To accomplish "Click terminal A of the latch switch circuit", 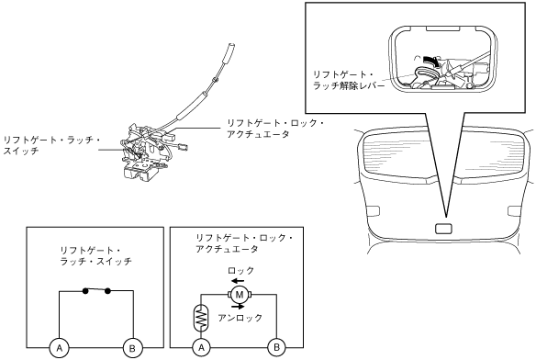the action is coord(60,348).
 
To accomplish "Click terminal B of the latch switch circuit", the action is coord(133,348).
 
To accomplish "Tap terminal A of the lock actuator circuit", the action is coord(201,348).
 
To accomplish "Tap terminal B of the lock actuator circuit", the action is coord(276,348).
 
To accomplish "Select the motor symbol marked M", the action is coord(240,295).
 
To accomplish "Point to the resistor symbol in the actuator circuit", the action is coord(201,318).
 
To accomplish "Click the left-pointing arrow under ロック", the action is coord(237,281).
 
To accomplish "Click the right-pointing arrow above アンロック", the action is coord(238,306).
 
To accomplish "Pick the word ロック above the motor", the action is coord(241,271).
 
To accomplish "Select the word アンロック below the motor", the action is coord(240,318).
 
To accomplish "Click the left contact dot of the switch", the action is coord(85,291).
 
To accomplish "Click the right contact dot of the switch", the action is coord(107,291).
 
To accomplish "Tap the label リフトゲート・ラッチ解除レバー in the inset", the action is coord(349,80).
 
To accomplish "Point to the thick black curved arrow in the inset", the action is coord(431,61).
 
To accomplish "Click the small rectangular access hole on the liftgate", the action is coord(443,229).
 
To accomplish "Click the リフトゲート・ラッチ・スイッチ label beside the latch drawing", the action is coord(51,145).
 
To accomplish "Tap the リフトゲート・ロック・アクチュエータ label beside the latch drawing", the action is coord(275,129).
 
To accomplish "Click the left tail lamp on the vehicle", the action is coord(373,211).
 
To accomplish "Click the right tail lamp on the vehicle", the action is coord(515,211).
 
